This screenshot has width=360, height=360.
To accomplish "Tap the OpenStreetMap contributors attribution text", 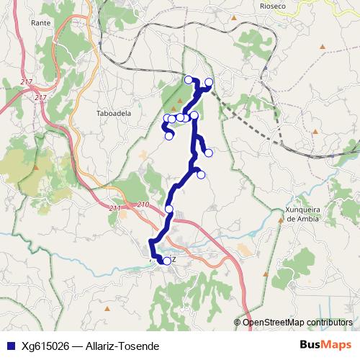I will pyautogui.click(x=298, y=323).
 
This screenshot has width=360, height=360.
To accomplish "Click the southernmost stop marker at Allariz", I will pyautogui.click(x=167, y=261).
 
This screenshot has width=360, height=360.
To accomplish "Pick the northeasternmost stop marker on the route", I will pyautogui.click(x=210, y=82).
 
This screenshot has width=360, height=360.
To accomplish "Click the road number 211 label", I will pyautogui.click(x=116, y=208).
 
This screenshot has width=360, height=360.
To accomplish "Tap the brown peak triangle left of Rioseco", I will pyautogui.click(x=237, y=14).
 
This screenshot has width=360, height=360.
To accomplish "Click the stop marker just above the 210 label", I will pyautogui.click(x=169, y=209).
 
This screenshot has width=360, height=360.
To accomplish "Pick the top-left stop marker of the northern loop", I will pyautogui.click(x=189, y=80).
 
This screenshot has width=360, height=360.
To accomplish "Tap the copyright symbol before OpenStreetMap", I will pyautogui.click(x=238, y=323).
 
